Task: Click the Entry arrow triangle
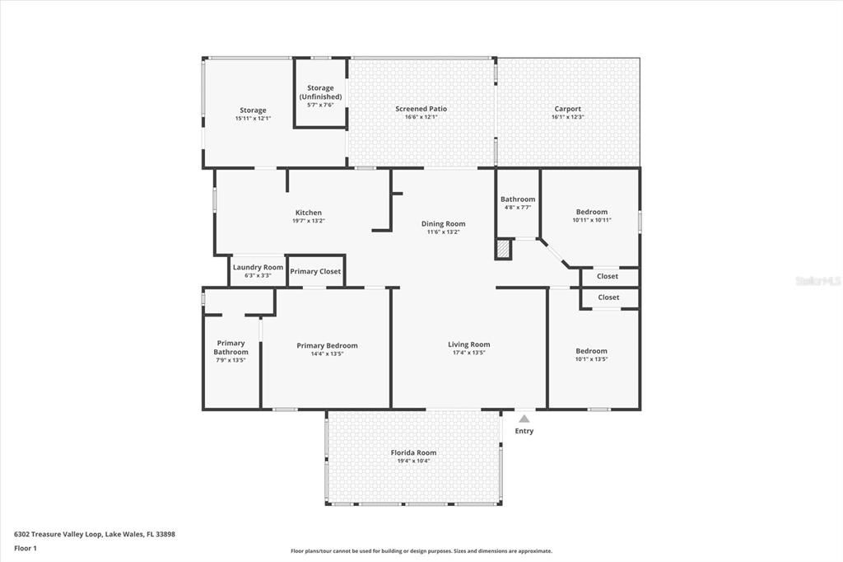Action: [524, 419]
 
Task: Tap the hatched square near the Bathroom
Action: [503, 249]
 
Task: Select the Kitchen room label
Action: [309, 213]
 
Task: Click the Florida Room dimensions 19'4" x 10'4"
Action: [413, 461]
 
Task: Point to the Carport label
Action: [567, 109]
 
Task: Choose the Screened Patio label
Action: [421, 109]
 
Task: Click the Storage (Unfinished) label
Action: [320, 92]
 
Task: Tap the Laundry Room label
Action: [258, 267]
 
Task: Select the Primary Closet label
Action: [315, 272]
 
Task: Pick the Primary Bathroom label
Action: [231, 348]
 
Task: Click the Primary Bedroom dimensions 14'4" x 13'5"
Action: [327, 354]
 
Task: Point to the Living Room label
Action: [468, 344]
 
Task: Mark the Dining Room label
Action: [443, 224]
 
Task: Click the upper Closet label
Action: [608, 277]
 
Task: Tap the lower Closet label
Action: [608, 297]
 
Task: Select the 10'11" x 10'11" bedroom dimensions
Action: [591, 220]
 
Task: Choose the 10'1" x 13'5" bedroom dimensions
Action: [591, 359]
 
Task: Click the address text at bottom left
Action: [95, 534]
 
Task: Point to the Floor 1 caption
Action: [26, 548]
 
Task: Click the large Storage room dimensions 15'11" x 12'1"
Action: [253, 119]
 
